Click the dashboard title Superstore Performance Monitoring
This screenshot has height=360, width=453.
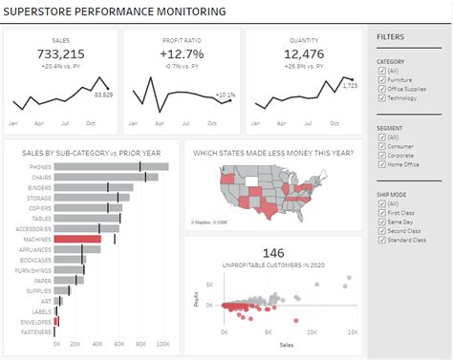115,13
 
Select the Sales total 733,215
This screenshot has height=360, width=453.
60,55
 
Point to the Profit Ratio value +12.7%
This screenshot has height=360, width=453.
181,55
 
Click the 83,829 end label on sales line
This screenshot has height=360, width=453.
102,95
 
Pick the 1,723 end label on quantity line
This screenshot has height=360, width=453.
349,86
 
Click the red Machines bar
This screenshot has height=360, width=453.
76,240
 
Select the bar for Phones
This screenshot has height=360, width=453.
111,166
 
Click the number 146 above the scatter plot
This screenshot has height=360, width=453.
273,252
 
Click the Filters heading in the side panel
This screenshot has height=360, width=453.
390,36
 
